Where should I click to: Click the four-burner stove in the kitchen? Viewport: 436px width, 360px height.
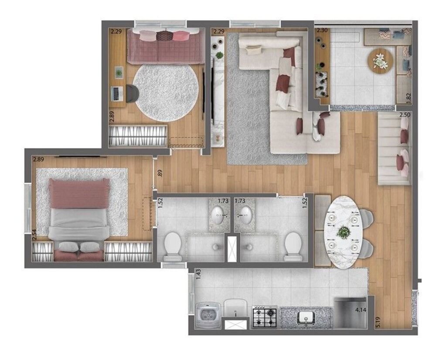[264, 317]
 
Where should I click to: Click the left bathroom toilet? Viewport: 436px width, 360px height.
[173, 246]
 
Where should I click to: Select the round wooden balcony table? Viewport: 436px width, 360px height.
[380, 61]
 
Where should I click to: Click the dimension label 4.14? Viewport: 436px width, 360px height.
[361, 310]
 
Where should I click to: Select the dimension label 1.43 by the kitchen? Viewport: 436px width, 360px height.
[199, 274]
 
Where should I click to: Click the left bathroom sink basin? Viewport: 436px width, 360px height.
[217, 215]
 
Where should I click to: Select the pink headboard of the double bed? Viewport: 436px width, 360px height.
[79, 193]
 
